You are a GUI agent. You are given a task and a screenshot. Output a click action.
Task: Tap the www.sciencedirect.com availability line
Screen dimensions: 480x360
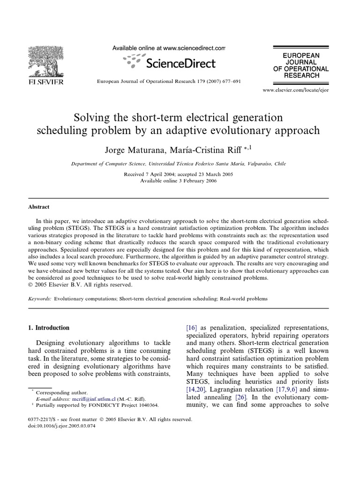(x=169, y=48)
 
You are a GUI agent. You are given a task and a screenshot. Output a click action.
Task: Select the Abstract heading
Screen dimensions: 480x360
(x=39, y=207)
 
